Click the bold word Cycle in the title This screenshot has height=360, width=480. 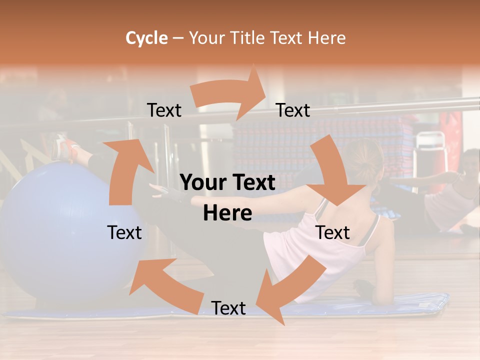pos(146,38)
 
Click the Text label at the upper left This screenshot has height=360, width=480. pos(164,110)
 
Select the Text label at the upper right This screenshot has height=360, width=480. pos(293,110)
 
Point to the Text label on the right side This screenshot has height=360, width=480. pos(333,233)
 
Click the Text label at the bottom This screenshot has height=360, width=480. pos(228,308)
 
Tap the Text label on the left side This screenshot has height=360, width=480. pos(124,233)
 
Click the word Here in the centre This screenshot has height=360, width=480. pos(227,213)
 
